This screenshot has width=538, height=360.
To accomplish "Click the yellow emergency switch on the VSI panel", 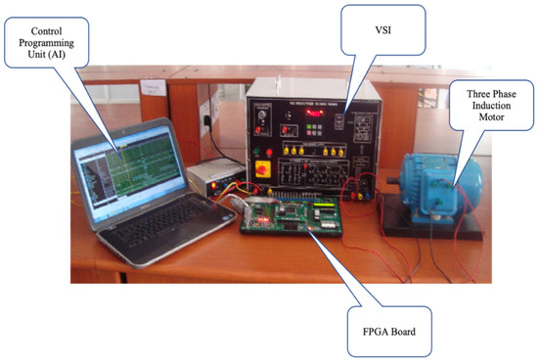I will click(262, 168).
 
